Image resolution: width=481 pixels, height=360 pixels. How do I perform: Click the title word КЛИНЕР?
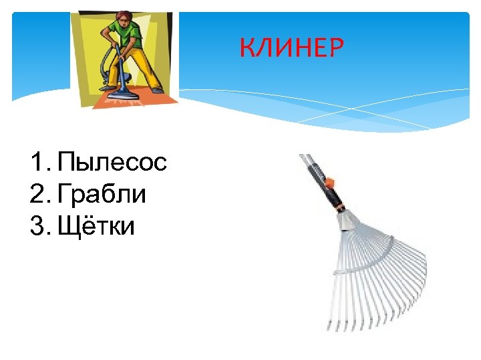(292, 48)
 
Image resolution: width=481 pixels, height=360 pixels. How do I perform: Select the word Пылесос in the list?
(112, 162)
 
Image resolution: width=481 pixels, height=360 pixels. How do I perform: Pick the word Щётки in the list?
(96, 226)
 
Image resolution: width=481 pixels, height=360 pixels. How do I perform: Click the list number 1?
(36, 162)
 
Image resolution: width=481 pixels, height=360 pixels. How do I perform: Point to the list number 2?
(37, 194)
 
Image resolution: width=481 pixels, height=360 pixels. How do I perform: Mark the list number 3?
(37, 226)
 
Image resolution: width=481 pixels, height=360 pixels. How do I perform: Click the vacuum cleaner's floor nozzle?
(120, 95)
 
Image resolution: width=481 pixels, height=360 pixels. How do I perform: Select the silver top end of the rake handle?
(304, 159)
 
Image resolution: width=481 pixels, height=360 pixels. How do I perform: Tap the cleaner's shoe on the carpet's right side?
(157, 90)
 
